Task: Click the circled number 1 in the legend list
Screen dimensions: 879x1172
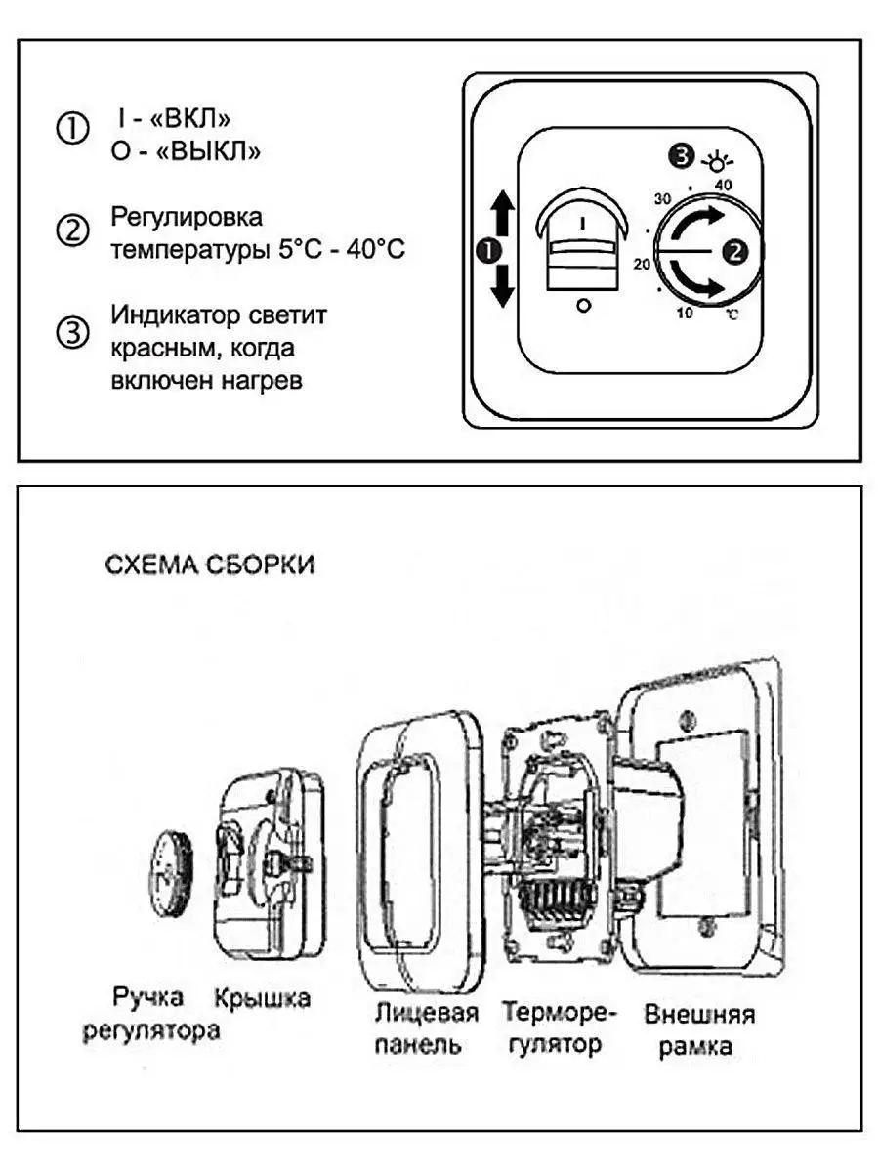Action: (72, 129)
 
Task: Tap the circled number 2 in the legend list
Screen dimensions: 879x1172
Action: (72, 230)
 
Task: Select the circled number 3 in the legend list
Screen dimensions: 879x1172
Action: (72, 332)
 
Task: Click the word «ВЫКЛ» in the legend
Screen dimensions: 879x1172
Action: (208, 151)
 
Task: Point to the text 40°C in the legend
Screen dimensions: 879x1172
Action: (375, 249)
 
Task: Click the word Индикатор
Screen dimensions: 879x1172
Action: (168, 315)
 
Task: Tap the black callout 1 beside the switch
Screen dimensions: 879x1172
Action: (489, 251)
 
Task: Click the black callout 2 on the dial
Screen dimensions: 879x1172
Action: (734, 251)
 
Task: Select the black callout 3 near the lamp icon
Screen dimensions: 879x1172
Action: (681, 157)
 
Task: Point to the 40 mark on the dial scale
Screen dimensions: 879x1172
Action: (723, 186)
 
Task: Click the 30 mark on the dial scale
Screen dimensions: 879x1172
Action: (662, 199)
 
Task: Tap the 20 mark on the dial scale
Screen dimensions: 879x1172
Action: (642, 264)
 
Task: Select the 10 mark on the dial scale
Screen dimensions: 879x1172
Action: (685, 314)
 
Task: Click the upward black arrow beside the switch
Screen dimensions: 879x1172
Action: (502, 214)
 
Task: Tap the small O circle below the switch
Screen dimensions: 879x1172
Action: (584, 306)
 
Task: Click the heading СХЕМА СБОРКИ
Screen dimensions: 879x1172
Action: (210, 565)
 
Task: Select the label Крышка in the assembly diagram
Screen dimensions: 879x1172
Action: (262, 998)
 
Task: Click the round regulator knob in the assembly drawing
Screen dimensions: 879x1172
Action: (169, 867)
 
